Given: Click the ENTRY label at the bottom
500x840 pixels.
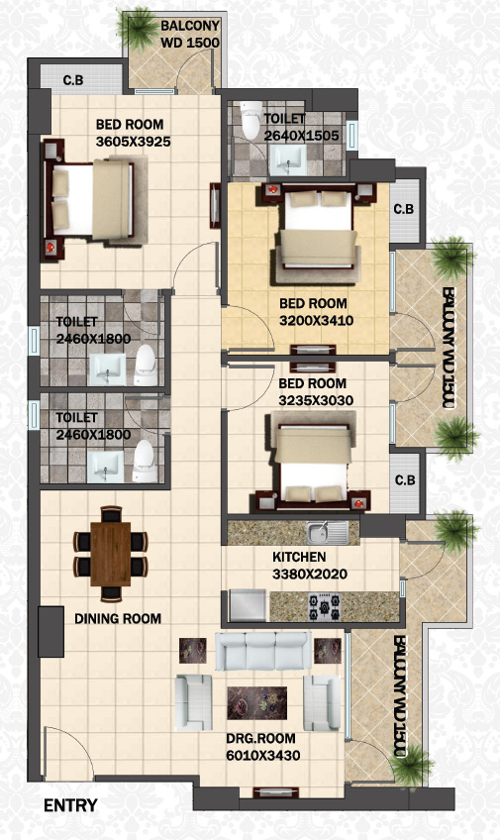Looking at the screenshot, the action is click(x=70, y=805).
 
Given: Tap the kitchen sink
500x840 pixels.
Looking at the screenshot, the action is click(x=328, y=533).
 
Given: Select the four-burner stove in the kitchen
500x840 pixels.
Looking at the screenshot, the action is click(x=324, y=606).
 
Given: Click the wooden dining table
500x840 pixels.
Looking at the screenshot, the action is click(x=111, y=554).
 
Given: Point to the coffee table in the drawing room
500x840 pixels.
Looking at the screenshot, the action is click(x=257, y=703).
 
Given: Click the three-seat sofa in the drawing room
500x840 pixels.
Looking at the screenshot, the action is click(x=263, y=651).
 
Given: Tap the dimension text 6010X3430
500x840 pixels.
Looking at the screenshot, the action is click(x=262, y=756).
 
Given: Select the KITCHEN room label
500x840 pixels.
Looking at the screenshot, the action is click(x=299, y=557).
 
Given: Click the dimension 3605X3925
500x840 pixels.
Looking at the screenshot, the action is click(x=134, y=142).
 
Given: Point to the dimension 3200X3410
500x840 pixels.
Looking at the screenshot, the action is click(x=317, y=320).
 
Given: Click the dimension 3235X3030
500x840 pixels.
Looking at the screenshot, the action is click(x=316, y=400).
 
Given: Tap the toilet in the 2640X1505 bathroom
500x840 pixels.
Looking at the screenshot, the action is click(x=251, y=120).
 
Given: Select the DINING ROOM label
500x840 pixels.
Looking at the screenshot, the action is click(x=118, y=619).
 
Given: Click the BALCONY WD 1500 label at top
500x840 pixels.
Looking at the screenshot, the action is click(x=190, y=34).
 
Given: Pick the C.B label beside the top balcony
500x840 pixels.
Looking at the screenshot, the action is click(x=73, y=80).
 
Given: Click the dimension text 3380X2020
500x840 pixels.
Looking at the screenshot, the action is click(x=310, y=575).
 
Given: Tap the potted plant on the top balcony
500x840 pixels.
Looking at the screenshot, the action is click(x=138, y=28).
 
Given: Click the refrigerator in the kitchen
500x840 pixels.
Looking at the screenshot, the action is click(x=248, y=605).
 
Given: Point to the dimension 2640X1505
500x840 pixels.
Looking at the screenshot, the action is click(x=301, y=136).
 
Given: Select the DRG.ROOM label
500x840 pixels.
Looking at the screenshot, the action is click(x=260, y=738).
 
